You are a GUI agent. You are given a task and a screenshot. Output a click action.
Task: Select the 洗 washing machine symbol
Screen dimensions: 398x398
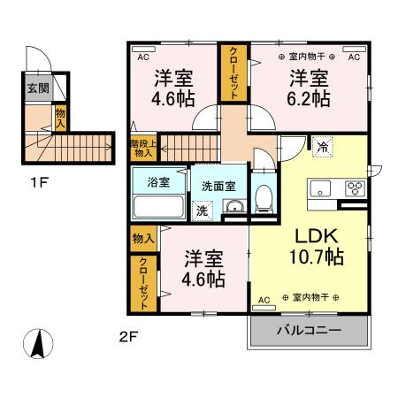pos(203,210)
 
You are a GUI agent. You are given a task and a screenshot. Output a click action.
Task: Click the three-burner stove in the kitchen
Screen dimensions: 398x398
pos(355,188)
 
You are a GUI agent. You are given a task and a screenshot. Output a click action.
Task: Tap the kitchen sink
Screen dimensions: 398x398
pos(320,188)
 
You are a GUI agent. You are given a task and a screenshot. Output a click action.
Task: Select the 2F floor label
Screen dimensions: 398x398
pos(129,336)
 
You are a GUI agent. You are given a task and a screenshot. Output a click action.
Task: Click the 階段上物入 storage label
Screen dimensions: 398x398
pos(142,148)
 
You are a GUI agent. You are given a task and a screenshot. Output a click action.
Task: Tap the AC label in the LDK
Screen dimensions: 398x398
pos(262,301)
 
